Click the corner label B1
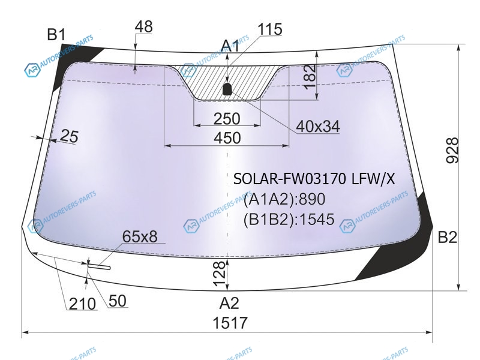coord(56,34)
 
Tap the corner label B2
coord(448,236)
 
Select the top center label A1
coord(230,46)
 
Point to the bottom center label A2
coord(229,303)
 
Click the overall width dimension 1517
coord(230,323)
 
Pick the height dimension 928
coord(452,151)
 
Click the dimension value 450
coord(227,138)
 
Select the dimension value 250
coord(227,119)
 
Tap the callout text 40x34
coord(318,126)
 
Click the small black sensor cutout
coord(227,89)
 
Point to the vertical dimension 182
coord(310,76)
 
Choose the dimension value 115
coord(270,29)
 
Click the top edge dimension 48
coord(143,26)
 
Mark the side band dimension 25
coord(69,136)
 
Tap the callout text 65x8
coord(140,236)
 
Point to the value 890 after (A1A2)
coord(311,199)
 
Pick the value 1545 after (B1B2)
coord(317,219)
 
